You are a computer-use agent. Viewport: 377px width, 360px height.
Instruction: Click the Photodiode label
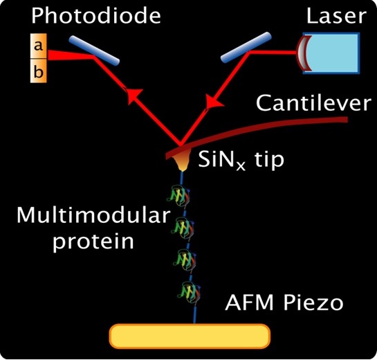96,16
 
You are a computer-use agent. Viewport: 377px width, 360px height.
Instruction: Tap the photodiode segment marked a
39,46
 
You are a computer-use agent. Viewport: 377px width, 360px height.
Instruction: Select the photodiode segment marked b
39,71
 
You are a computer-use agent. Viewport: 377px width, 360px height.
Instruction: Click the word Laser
336,16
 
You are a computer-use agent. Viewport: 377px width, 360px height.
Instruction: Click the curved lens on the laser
304,53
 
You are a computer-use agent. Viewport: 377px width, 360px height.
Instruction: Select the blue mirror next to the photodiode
94,51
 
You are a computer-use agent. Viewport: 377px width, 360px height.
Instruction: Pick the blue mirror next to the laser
246,47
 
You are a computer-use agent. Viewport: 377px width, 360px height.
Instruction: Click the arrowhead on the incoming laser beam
214,102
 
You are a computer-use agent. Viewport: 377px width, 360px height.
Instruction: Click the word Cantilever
313,103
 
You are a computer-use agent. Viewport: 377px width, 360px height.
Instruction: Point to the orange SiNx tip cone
183,159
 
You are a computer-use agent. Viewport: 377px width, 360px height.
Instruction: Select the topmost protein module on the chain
178,195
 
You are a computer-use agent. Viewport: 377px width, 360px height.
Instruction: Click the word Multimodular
93,215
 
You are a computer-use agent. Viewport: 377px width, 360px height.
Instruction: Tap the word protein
93,242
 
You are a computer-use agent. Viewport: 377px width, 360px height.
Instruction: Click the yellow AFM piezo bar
190,336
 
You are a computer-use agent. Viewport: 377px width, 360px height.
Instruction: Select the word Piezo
313,303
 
